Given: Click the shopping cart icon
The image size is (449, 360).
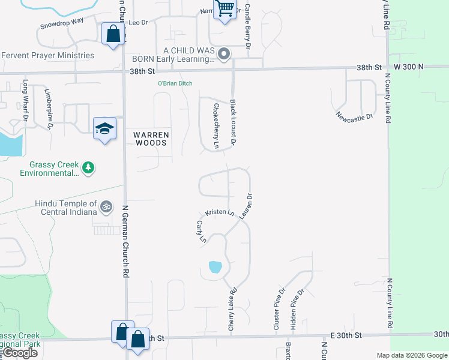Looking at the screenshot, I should click(x=224, y=9).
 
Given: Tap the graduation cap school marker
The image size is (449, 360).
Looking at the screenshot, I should click(x=104, y=128).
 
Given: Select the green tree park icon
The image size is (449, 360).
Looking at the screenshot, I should click(x=88, y=167).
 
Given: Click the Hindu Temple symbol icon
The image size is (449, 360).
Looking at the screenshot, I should click(x=106, y=207).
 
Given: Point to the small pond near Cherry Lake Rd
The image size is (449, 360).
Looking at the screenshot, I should click(x=215, y=266).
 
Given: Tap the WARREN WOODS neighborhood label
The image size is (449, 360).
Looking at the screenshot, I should click(x=151, y=139).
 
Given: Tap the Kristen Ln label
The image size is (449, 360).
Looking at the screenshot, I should click(x=219, y=213).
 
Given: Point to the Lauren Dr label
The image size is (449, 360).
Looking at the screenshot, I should click(x=246, y=205).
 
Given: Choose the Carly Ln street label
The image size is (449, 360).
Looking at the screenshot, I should click(x=200, y=232).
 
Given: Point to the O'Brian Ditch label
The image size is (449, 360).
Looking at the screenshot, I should click(x=175, y=83).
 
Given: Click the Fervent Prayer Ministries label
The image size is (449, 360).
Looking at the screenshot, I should click(x=48, y=56).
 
